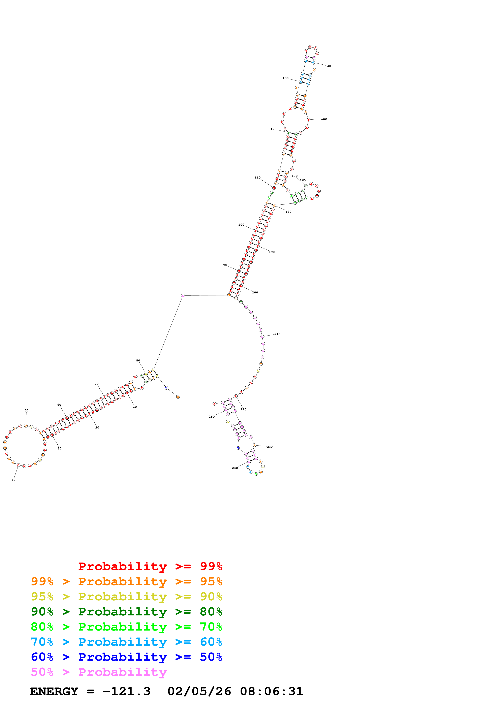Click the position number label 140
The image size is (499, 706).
tap(328, 66)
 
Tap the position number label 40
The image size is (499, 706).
tap(13, 480)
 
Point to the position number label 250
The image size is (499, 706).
tap(212, 417)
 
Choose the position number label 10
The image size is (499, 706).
tap(135, 407)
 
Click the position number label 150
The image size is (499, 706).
tap(324, 119)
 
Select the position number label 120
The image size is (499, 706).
tap(273, 129)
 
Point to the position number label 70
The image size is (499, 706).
tap(97, 384)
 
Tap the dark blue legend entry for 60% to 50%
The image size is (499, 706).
tap(126, 657)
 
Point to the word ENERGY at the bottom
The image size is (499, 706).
tap(54, 691)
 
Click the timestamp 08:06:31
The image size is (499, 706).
tap(272, 691)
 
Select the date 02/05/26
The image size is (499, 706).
tap(199, 691)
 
